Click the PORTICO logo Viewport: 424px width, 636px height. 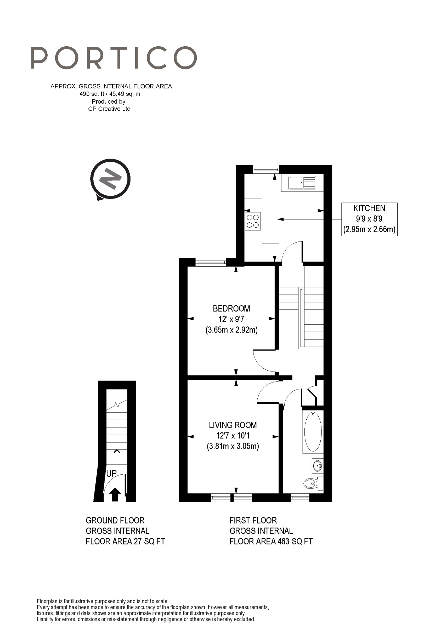(114, 58)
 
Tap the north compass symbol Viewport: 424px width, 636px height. (110, 179)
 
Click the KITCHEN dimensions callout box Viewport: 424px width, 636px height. (369, 219)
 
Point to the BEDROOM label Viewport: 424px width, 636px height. (231, 308)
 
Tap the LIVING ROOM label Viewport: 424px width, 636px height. (233, 425)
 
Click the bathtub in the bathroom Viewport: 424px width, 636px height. (313, 432)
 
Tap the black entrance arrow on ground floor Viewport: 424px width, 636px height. (115, 494)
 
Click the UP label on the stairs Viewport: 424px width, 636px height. (111, 473)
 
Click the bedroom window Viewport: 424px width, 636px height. (210, 262)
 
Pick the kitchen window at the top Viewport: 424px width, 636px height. (266, 169)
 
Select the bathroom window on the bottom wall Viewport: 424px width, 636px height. (300, 497)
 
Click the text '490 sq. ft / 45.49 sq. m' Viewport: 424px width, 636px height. (110, 94)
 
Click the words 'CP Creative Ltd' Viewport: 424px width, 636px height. (109, 109)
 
